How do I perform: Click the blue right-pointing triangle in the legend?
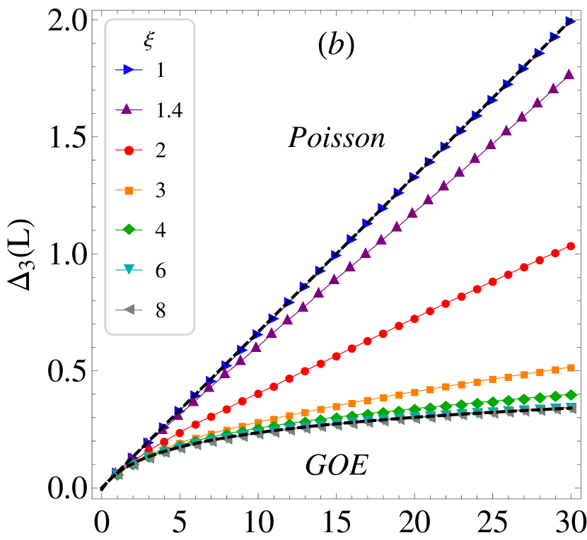point(128,69)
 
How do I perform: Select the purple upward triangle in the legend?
point(127,109)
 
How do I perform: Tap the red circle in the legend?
point(129,150)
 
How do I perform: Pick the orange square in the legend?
point(129,190)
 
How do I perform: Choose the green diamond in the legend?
point(129,229)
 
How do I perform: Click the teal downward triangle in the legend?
point(129,269)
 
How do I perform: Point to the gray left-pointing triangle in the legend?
point(128,310)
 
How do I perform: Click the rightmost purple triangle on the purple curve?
point(569,74)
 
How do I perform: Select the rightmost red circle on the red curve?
point(571,246)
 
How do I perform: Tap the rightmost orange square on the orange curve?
point(571,368)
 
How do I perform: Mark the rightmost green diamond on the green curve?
point(571,394)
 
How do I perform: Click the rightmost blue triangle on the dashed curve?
point(570,21)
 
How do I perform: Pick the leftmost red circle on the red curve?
point(148,450)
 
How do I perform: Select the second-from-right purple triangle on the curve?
point(553,88)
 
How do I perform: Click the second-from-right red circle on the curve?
point(555,253)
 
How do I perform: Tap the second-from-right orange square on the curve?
point(556,370)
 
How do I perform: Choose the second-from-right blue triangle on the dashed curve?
point(554,35)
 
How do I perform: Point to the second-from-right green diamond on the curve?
point(555,397)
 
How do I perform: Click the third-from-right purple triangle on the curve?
point(537,102)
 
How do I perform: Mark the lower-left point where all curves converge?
point(115,473)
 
